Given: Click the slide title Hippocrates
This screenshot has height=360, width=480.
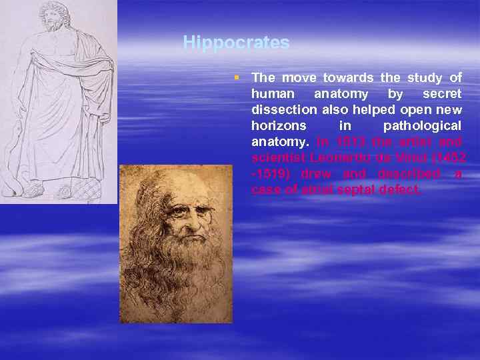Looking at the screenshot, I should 236,43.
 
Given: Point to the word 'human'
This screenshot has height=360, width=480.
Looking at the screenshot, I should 271,94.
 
